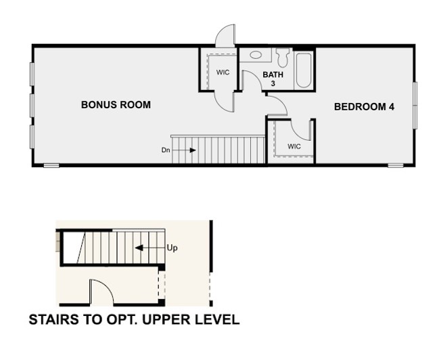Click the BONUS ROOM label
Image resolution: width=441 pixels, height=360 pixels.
point(116,105)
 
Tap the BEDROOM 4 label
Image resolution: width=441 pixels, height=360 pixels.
point(364,107)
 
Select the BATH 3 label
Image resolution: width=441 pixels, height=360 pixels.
point(273,78)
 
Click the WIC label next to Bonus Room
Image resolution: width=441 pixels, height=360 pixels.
point(223,72)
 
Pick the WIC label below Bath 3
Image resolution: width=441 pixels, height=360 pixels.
point(294,146)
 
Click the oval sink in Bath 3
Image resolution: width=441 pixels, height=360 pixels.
point(256,55)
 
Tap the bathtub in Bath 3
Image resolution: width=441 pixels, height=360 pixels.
point(304,70)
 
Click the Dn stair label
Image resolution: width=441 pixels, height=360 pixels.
point(166,150)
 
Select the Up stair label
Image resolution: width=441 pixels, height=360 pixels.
point(172,248)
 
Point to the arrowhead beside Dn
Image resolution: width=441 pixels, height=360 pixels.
point(193,150)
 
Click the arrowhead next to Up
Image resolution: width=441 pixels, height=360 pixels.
point(139,248)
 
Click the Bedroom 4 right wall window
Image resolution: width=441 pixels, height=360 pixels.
point(415,106)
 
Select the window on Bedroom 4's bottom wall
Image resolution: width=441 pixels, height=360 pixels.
point(395,166)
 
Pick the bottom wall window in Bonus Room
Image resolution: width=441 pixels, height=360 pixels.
point(51,166)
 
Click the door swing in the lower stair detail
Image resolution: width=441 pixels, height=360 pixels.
point(101,292)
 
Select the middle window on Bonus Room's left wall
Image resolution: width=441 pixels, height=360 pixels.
point(32,106)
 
